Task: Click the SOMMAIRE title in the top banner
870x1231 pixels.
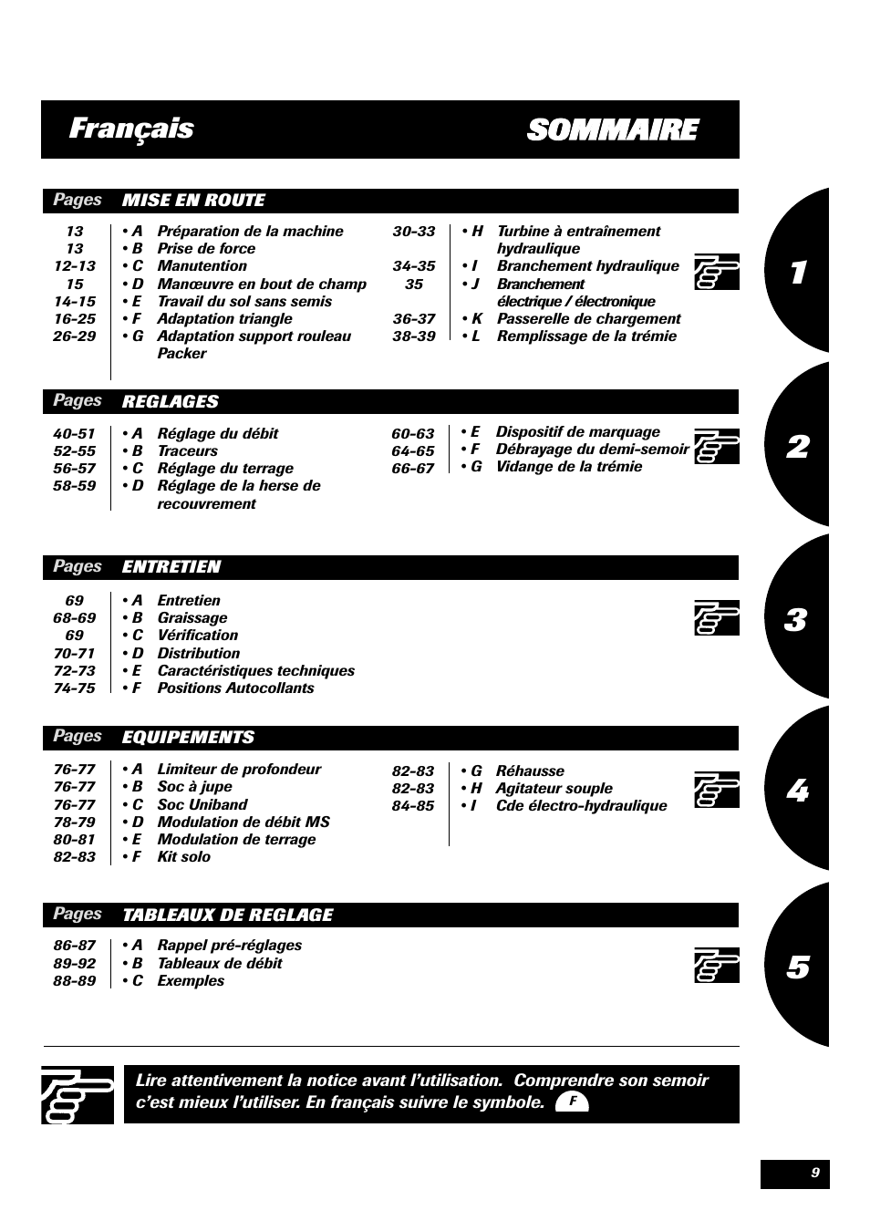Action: point(612,130)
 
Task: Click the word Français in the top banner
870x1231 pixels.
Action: point(131,129)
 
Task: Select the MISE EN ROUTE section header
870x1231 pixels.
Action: point(193,201)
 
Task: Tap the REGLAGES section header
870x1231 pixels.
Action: point(171,401)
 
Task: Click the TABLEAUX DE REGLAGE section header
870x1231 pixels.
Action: point(227,915)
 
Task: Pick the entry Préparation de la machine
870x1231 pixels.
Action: point(250,232)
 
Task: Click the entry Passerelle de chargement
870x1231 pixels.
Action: point(588,319)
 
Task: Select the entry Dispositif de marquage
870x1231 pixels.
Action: point(577,432)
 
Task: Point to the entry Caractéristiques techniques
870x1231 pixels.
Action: point(255,671)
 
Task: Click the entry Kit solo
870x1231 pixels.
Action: point(183,857)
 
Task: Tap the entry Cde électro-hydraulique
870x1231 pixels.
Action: point(581,806)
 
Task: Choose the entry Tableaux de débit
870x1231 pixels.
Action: point(219,964)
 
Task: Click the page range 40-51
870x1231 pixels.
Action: point(74,434)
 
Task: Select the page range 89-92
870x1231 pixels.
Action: point(74,964)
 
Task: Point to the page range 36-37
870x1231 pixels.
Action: point(414,319)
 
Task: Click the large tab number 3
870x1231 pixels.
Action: point(795,620)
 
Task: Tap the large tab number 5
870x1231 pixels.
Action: point(797,967)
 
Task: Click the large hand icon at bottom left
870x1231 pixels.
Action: point(78,1094)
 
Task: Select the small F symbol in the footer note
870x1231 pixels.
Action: point(572,1102)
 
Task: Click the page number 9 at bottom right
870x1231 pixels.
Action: point(814,1174)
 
